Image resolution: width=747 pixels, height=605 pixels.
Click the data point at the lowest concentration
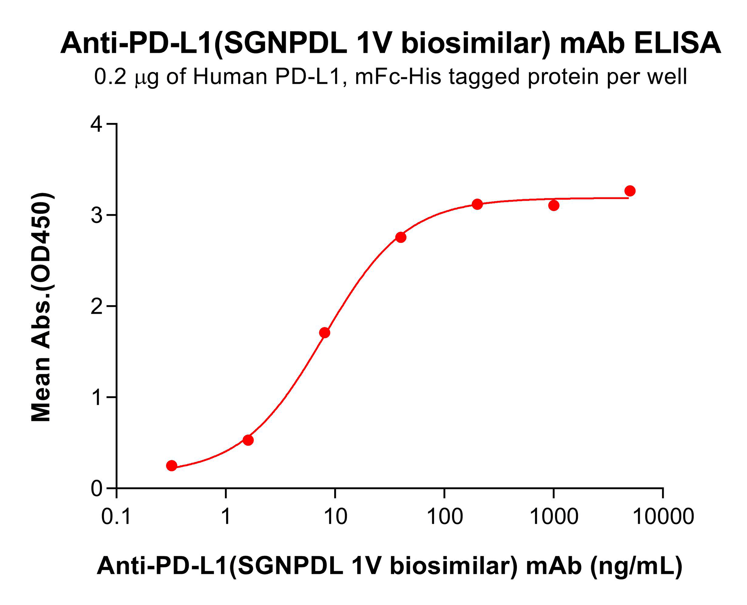pos(172,465)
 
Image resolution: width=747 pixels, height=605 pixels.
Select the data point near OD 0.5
pos(248,440)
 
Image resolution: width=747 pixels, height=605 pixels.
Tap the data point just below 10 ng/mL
pos(325,333)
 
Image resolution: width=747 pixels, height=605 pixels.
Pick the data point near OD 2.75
pos(401,237)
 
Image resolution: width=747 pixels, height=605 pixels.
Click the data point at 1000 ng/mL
pos(554,206)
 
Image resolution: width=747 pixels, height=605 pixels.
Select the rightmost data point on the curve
pos(630,191)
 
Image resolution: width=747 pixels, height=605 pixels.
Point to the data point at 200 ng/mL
pos(477,204)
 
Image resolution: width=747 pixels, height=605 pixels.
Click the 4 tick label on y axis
pos(97,124)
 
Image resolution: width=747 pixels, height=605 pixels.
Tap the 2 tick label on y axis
pos(97,306)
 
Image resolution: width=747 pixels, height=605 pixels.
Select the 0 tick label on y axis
pos(97,489)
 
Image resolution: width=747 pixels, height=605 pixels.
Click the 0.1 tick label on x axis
pos(116,517)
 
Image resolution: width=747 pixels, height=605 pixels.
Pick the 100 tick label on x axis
pos(444,517)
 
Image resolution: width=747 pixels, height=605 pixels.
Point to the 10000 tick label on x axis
pos(663,517)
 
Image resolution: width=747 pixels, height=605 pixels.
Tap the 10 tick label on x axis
pos(335,517)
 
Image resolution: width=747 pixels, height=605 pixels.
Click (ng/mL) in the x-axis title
pos(636,566)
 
